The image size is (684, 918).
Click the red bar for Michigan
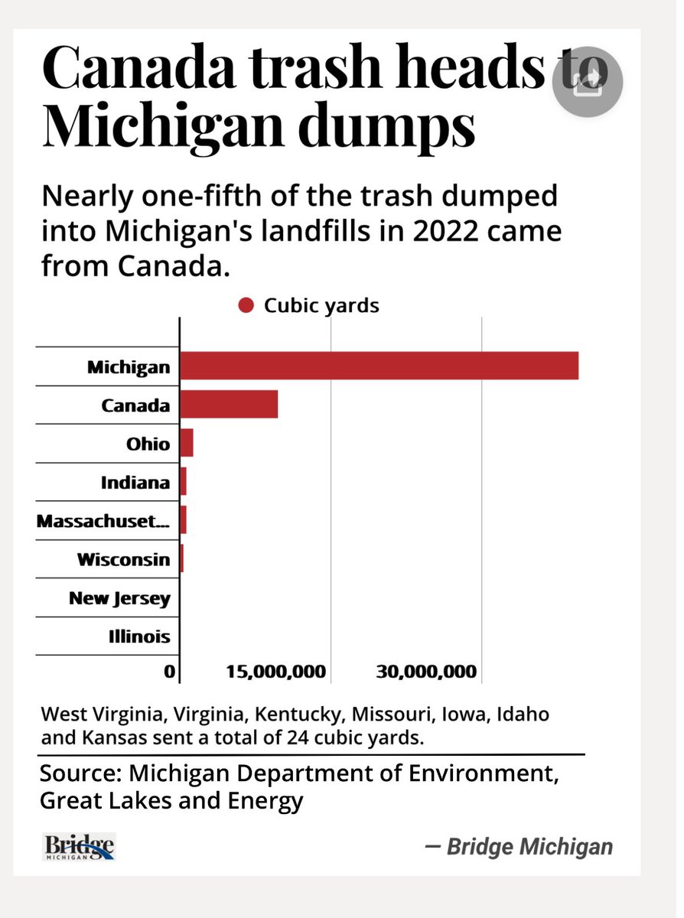[379, 366]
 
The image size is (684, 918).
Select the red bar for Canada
[228, 404]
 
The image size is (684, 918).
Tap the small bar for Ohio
[186, 443]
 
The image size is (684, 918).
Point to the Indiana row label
[135, 483]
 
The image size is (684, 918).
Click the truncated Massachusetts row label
[103, 522]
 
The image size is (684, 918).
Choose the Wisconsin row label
[123, 559]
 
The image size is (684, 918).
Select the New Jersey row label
[119, 597]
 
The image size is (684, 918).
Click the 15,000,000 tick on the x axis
[276, 672]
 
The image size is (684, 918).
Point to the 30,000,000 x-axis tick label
[426, 672]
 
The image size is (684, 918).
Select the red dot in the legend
[246, 306]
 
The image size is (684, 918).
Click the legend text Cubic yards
[321, 306]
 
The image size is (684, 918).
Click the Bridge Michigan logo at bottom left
[79, 847]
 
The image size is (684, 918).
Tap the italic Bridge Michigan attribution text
[520, 847]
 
